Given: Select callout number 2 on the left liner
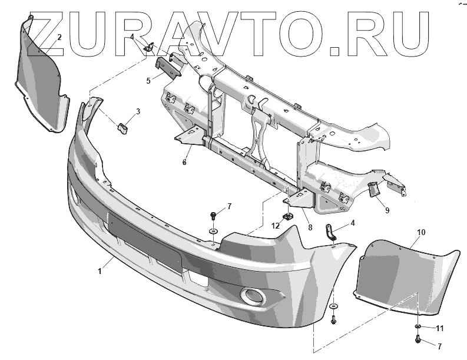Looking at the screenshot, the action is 59,37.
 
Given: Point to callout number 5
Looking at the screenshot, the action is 148,78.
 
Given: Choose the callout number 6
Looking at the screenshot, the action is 184,162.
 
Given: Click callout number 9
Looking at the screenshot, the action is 387,209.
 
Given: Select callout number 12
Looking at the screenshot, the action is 275,225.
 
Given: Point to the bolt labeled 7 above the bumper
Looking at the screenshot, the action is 213,216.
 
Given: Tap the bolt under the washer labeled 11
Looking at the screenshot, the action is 417,341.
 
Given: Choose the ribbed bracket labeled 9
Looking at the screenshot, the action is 373,190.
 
